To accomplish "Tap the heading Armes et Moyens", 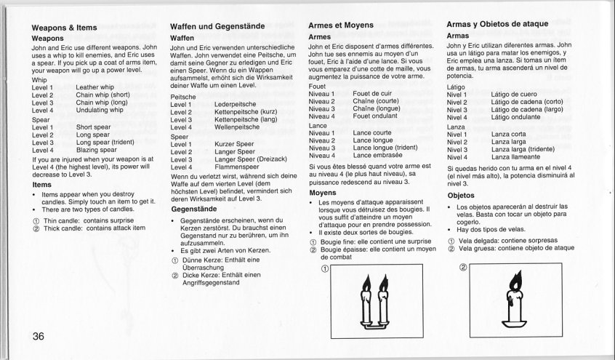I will click(x=341, y=25).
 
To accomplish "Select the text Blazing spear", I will click(x=96, y=150).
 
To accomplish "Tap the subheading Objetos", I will click(x=461, y=196).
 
